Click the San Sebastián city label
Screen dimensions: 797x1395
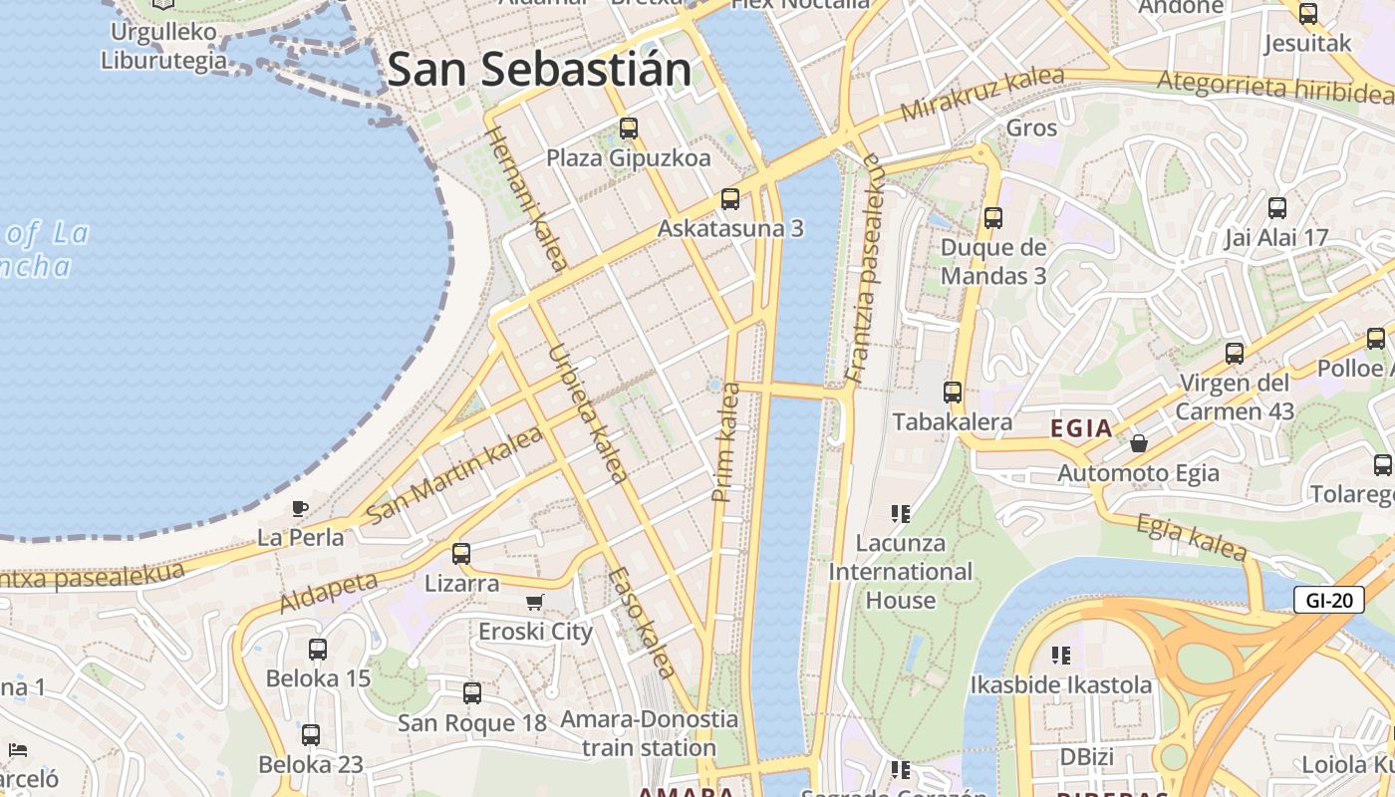(539, 70)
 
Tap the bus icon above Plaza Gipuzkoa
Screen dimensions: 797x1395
(629, 128)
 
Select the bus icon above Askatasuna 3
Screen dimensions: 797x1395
(730, 198)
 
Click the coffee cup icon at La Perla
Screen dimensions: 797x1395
(299, 508)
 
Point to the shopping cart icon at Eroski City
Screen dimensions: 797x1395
(535, 602)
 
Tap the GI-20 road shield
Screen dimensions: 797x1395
(1328, 599)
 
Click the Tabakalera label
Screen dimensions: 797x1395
(953, 421)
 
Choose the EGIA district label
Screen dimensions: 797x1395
(1081, 428)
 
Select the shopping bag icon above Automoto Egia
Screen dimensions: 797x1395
(1138, 442)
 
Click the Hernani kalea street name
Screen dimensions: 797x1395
(526, 198)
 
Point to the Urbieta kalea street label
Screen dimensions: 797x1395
(587, 412)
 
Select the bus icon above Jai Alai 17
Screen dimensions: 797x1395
(1277, 208)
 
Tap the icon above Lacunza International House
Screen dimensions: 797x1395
(901, 514)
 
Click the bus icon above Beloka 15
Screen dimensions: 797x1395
(318, 650)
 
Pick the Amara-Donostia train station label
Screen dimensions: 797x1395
(649, 733)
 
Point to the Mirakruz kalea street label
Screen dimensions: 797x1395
(981, 94)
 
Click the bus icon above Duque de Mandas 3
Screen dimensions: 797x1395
(993, 217)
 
